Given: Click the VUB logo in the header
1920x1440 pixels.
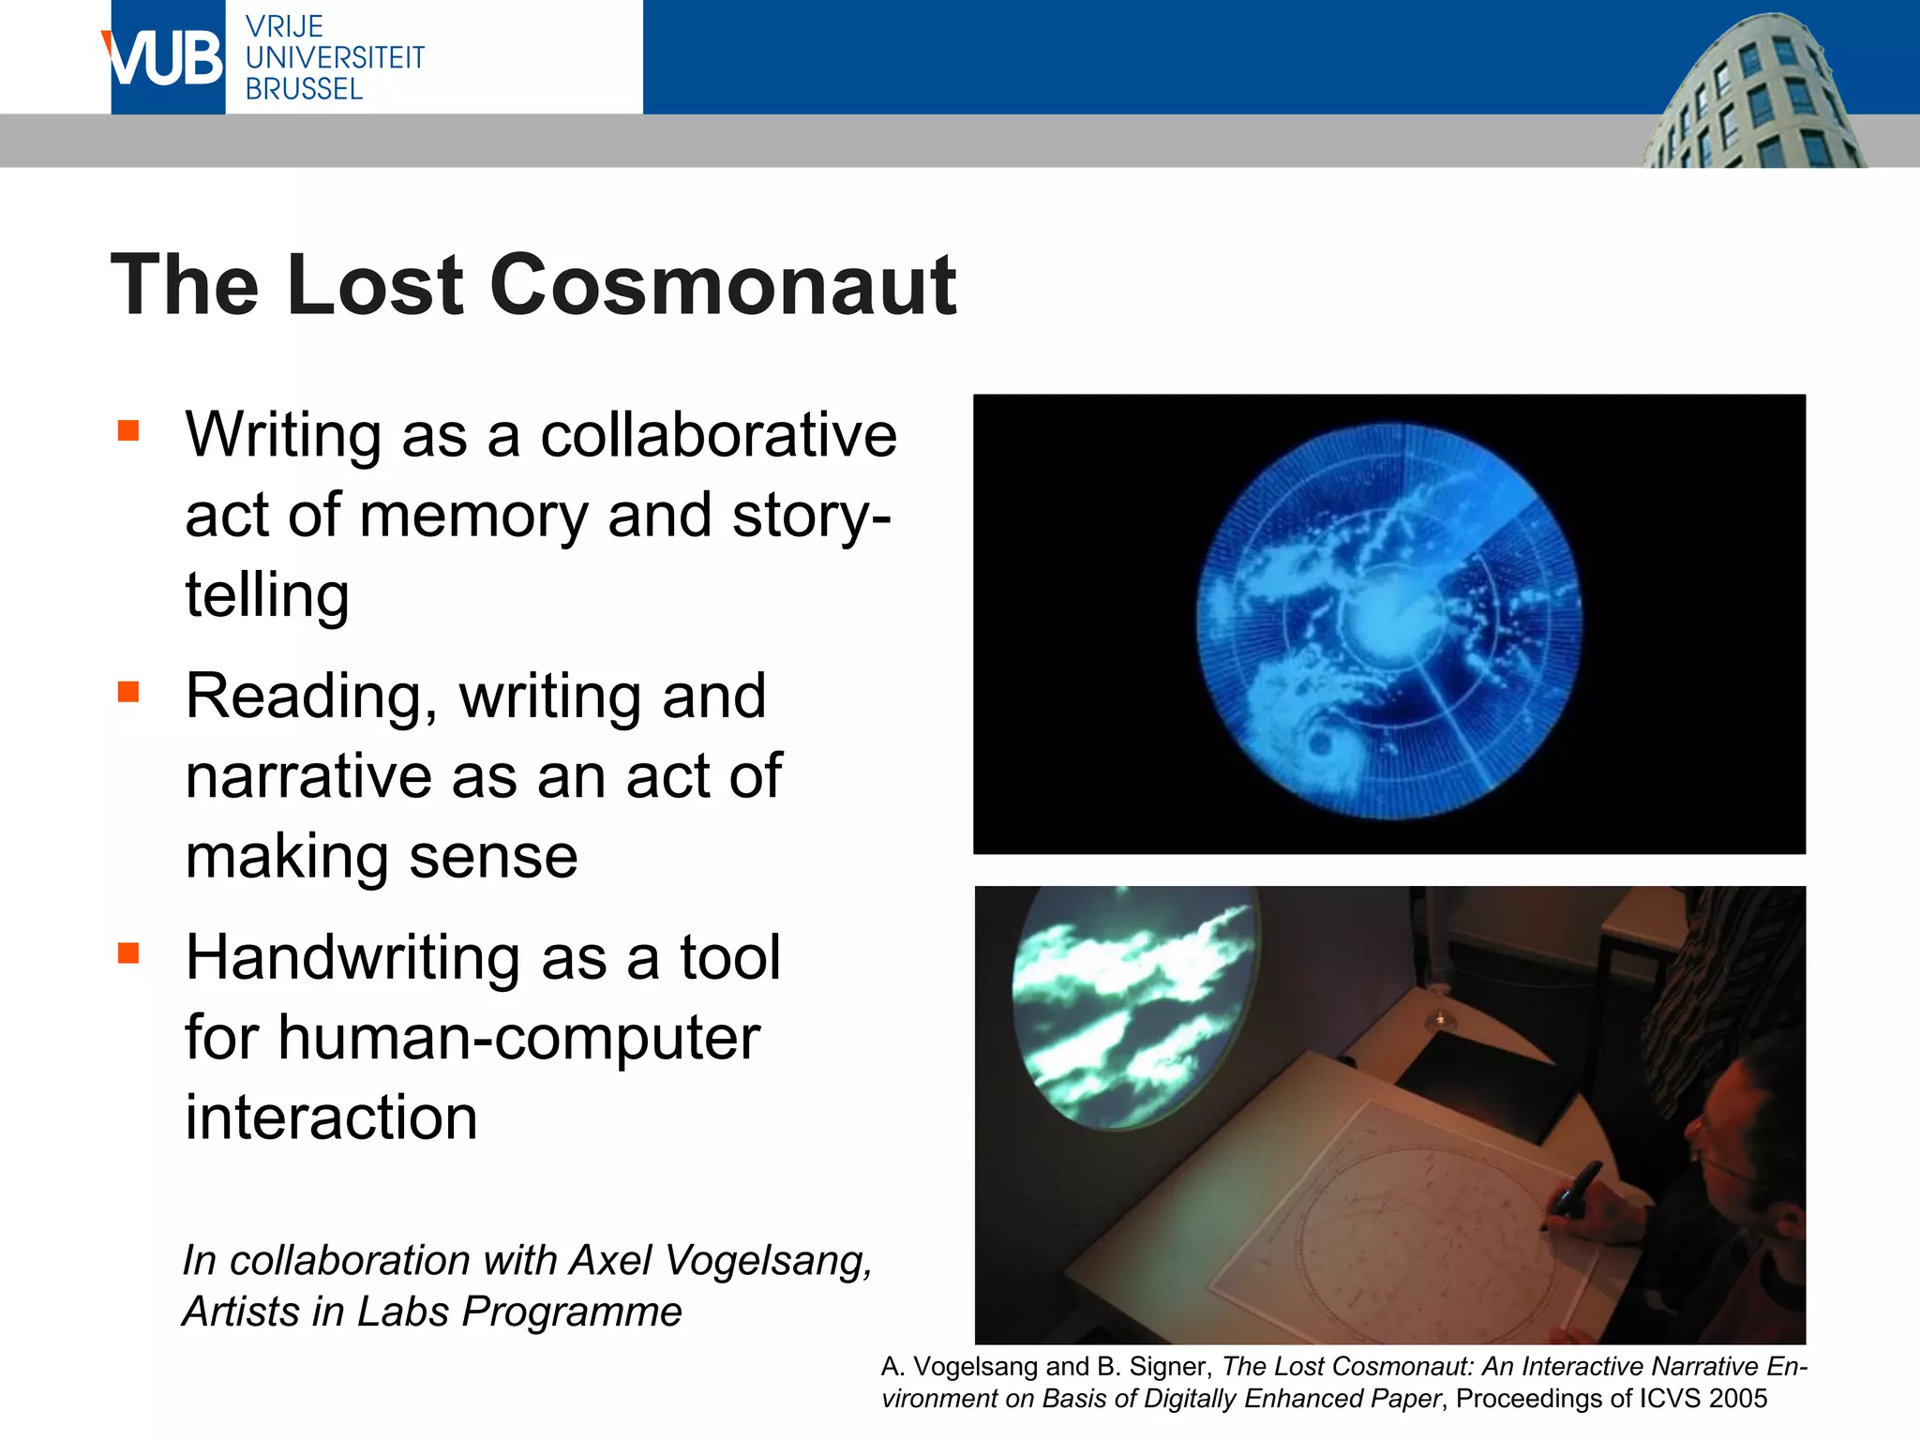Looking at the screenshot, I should click(166, 58).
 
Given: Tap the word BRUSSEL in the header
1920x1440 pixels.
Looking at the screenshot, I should click(304, 89).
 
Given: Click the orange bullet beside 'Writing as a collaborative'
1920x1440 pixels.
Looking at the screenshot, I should click(128, 430).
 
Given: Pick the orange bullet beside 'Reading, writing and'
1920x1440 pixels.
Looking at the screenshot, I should click(128, 692).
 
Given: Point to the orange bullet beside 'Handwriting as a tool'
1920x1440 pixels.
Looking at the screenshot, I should click(128, 953).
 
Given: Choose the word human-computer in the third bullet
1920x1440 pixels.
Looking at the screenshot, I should click(518, 1038).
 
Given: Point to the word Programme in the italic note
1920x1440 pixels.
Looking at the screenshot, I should click(572, 1312).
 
